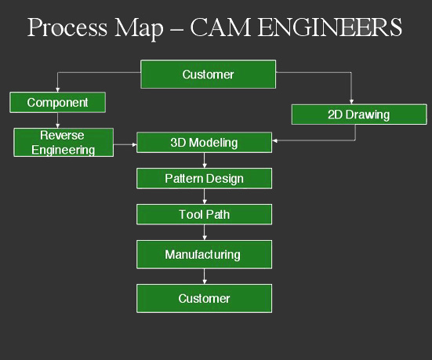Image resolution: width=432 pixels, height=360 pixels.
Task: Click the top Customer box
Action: point(208,75)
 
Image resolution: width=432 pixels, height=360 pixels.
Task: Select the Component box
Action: point(57,102)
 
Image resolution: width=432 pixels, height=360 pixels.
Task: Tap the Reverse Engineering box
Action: point(64,142)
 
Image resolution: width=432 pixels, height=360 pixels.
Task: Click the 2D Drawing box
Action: point(359,115)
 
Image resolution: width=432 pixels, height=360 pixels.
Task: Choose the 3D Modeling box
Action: point(204,143)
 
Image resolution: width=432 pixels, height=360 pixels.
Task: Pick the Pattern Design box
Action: point(204,178)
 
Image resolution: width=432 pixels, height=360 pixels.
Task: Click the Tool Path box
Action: point(204,214)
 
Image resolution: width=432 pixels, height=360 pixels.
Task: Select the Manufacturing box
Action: point(204,254)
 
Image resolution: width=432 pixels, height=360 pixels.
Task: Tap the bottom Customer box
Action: point(204,299)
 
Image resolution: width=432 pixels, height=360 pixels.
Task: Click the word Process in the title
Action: point(67,27)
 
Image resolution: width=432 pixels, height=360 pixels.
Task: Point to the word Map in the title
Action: point(139,29)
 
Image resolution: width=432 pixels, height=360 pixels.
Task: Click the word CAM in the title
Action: point(220,27)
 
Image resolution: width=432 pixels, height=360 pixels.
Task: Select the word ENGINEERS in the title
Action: point(330,27)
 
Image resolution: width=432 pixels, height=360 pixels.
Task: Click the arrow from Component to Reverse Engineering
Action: point(57,120)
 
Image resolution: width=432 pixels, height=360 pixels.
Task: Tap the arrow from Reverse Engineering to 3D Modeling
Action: point(125,144)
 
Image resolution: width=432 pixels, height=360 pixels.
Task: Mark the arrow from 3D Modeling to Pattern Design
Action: point(204,160)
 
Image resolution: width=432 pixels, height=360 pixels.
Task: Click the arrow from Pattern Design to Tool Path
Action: point(204,196)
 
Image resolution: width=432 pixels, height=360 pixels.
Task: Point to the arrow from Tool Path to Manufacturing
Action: point(204,232)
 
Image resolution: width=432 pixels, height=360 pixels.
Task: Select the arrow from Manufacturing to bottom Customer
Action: point(204,277)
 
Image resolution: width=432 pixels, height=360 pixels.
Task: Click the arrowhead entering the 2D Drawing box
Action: point(351,102)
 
